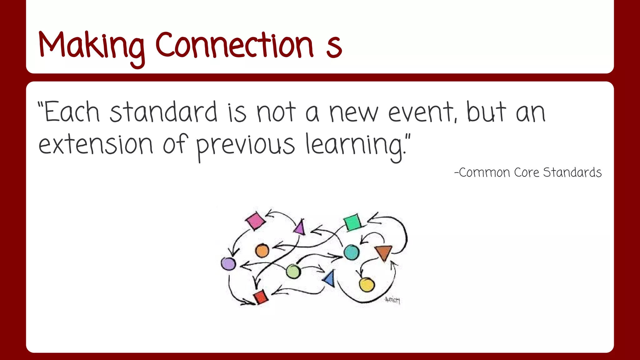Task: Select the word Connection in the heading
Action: tap(234, 45)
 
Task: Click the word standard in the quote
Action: tap(163, 112)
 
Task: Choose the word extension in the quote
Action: tap(96, 144)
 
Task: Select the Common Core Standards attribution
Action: tap(528, 172)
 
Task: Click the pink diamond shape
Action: tap(255, 221)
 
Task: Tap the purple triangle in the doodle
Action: tap(300, 227)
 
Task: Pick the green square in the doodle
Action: tap(352, 222)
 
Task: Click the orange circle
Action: tap(262, 251)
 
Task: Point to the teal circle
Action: tap(352, 252)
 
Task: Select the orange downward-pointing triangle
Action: tap(383, 252)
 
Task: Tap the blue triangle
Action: tap(330, 278)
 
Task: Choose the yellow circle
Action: tap(367, 284)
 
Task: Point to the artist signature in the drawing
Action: tap(392, 300)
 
